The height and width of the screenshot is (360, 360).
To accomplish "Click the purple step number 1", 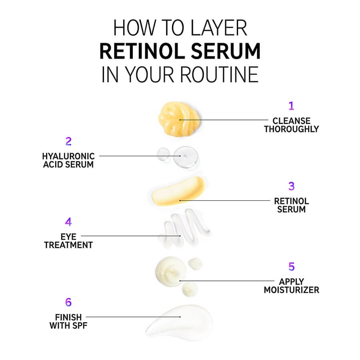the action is pos(291,106).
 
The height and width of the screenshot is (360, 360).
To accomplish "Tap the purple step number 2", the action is pos(68,141).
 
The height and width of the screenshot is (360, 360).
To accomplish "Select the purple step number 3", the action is pos(291,186).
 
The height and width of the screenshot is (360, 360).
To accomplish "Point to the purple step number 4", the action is pos(68,222).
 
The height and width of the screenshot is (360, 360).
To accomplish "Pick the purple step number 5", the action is pos(291,266).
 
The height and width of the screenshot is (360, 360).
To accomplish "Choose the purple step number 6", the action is pos(68,302).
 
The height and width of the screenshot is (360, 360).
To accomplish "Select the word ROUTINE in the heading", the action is pos(219,74).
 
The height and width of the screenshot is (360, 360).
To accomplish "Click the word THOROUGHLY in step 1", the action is pos(291,129).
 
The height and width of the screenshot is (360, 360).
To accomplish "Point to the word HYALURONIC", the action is pos(68,156).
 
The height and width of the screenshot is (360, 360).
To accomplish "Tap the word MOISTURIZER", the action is pos(291,290).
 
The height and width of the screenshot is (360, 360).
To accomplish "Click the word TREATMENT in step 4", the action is pos(68,245).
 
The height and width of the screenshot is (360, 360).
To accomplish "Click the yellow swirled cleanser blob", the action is pos(179,119).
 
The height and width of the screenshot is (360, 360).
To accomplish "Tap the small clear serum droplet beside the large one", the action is pos(163,154).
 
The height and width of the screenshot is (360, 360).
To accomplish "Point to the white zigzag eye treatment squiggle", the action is pos(184,228).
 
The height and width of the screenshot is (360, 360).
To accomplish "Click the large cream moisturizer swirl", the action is pos(171,271).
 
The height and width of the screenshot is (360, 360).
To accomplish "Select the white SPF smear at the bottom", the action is pos(180,322).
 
